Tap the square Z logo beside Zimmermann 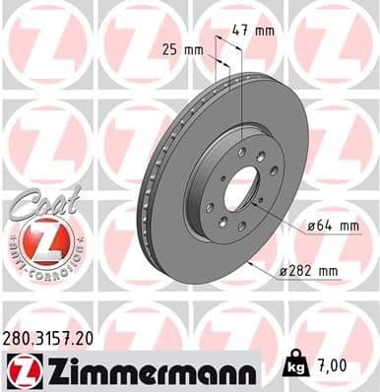20,369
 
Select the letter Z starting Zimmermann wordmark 50,369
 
